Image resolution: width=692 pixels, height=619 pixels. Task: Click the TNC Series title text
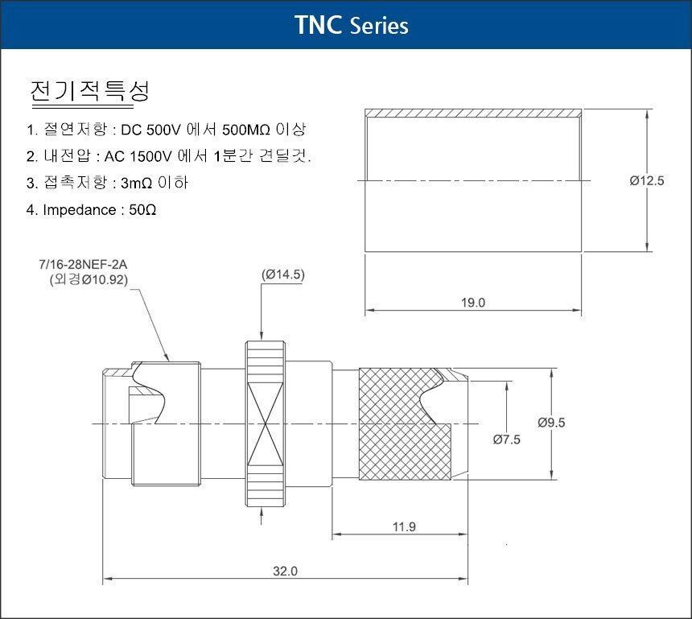point(352,25)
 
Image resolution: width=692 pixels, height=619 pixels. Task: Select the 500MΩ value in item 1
point(245,130)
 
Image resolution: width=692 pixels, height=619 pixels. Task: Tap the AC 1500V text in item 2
point(138,156)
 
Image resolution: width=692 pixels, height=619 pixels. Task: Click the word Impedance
point(80,210)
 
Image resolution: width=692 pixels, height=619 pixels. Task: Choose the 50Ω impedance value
point(142,210)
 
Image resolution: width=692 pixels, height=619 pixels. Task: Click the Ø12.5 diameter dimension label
point(647,180)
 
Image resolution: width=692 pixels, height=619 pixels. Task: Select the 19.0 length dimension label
point(473,303)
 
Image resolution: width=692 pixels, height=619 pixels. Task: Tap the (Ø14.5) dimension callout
point(283,274)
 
